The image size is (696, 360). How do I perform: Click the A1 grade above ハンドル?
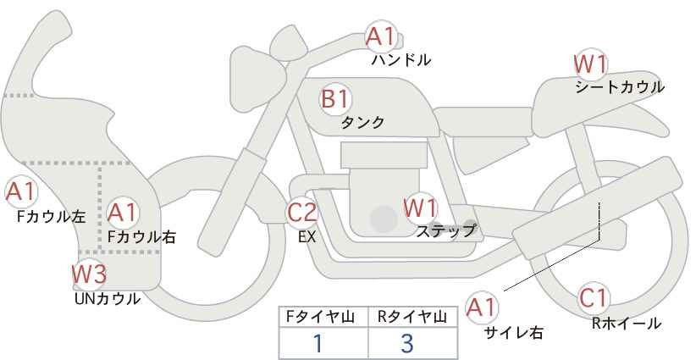pos(381,36)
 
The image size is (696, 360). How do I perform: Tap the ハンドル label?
pos(401,60)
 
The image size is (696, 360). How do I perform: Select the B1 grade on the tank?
pos(334,98)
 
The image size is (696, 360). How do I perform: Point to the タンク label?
pos(362,122)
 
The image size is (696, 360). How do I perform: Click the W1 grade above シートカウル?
pos(590,64)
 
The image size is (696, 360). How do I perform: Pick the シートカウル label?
pos(619,86)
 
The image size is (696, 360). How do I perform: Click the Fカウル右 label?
pos(141,237)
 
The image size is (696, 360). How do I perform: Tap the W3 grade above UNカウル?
pos(88,274)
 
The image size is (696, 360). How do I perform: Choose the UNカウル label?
pos(107,298)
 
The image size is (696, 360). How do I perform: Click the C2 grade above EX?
pos(301,212)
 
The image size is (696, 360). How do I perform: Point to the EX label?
pos(307,237)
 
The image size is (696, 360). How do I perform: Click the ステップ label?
pos(445,230)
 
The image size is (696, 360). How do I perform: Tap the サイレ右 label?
pos(513,333)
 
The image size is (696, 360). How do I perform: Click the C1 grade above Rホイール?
pos(594,298)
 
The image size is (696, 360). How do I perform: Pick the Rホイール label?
pos(626,323)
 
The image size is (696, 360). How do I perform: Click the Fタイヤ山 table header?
pos(323,317)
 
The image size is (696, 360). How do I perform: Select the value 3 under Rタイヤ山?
pos(406,343)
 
